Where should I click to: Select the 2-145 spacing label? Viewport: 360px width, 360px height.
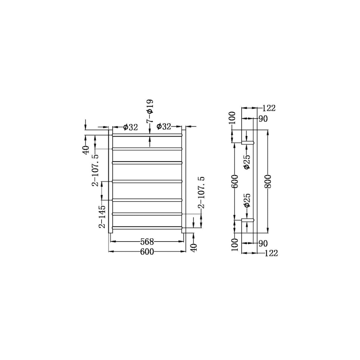pos(102,216)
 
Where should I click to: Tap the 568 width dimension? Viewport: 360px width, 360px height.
pos(147,242)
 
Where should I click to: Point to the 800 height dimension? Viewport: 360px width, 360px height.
pos(268,181)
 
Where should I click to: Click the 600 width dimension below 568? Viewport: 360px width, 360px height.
pos(147,252)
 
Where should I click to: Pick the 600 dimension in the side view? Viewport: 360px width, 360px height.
pos(234,181)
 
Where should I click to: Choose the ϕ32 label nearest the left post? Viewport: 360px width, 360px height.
pos(130,127)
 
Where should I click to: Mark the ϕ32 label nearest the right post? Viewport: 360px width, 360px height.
pos(164,126)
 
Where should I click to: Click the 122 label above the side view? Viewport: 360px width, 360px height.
pos(269,108)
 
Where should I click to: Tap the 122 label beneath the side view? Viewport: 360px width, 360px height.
pos(271,253)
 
